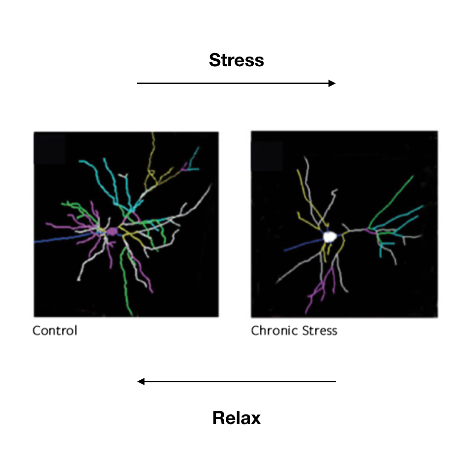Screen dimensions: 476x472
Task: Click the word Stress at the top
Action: click(x=236, y=60)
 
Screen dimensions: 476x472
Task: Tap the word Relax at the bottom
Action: click(x=236, y=417)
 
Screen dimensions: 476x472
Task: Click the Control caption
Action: click(x=55, y=330)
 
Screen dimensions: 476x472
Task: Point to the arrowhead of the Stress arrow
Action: click(x=332, y=83)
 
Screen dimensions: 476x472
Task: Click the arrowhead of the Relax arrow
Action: click(x=141, y=381)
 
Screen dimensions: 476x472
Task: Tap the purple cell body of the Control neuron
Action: click(x=112, y=231)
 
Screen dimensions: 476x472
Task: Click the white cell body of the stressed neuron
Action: click(x=330, y=237)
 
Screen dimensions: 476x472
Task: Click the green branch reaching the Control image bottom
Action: click(x=124, y=282)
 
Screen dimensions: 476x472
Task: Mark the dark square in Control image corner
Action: click(x=50, y=149)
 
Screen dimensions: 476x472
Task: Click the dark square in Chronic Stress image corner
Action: click(x=267, y=156)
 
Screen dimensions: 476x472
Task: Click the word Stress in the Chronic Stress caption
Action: click(x=320, y=330)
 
